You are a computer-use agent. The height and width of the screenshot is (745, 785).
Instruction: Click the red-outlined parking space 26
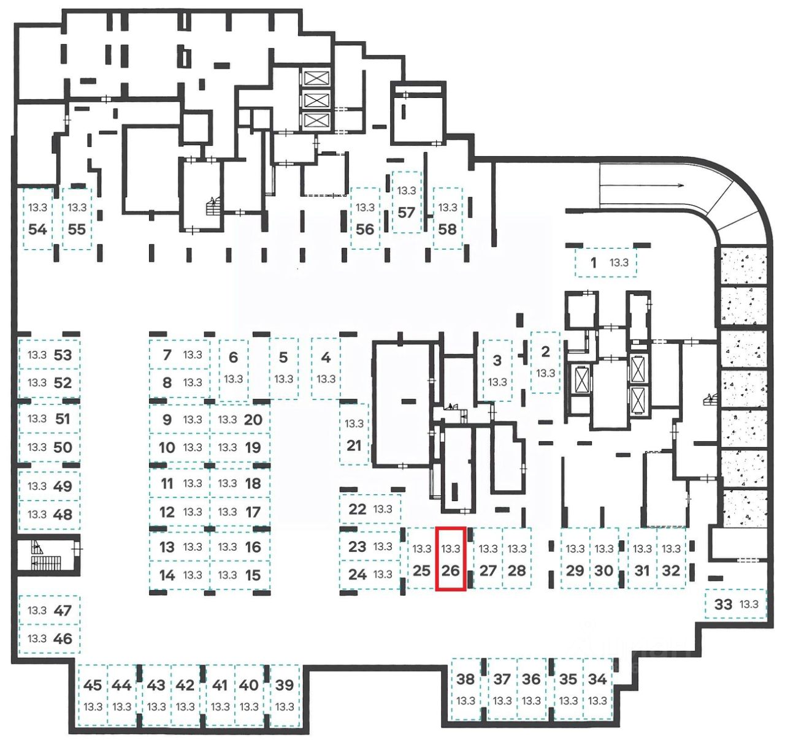451,559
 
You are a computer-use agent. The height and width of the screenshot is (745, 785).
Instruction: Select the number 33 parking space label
724,604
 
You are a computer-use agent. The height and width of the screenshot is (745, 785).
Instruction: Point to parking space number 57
407,203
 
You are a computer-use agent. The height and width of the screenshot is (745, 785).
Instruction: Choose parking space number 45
93,694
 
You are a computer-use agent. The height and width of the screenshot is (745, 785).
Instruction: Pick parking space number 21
354,434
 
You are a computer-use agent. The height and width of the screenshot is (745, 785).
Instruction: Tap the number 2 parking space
545,361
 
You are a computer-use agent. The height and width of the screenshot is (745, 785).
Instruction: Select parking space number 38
465,689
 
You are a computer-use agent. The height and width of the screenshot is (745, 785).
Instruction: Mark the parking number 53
63,355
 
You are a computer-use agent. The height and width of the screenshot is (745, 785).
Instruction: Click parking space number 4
326,368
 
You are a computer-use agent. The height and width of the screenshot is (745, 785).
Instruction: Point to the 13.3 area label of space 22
383,509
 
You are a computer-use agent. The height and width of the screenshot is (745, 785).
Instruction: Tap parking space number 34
597,689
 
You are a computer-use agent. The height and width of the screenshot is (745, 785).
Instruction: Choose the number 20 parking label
253,420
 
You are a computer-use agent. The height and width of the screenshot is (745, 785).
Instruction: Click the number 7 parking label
167,354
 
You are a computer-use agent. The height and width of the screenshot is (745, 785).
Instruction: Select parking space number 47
49,610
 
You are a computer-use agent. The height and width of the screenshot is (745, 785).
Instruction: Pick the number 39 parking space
285,694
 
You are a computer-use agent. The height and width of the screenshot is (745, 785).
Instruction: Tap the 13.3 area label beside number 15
227,575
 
